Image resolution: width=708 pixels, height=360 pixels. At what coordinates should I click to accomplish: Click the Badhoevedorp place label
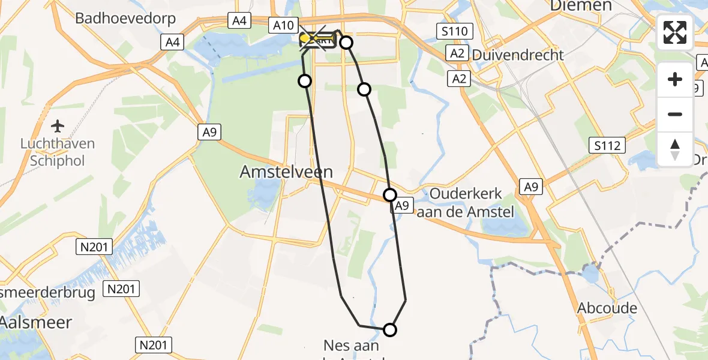tap(125, 19)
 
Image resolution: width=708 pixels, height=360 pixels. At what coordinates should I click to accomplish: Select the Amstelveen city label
tap(286, 172)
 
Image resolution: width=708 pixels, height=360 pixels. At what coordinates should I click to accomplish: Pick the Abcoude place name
tap(607, 308)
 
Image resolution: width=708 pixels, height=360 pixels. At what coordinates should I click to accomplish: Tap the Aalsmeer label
tap(36, 322)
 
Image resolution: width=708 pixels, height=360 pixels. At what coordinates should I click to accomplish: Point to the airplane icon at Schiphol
tap(58, 126)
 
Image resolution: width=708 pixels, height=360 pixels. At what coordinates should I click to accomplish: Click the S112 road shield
tap(607, 145)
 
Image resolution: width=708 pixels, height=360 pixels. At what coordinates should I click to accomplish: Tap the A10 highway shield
tap(283, 25)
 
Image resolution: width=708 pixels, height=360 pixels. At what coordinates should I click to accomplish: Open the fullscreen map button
tap(675, 32)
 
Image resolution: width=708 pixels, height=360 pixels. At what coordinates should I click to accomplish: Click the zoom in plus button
tap(675, 79)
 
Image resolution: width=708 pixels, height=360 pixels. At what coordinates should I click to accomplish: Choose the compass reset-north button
tap(675, 149)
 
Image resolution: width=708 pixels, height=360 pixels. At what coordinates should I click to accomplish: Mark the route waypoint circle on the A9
tap(390, 195)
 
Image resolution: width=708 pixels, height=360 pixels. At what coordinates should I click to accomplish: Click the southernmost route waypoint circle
tap(390, 329)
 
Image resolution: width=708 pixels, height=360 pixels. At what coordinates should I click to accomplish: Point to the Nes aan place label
tap(351, 346)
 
